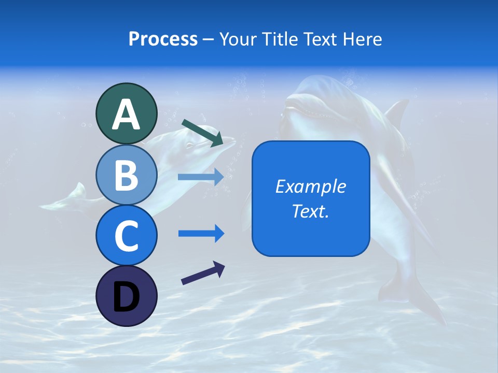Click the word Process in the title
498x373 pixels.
coord(163,39)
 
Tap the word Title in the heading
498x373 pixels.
coord(278,39)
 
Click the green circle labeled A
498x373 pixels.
coord(127,113)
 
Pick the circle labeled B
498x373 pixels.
coord(127,175)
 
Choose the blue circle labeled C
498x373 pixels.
coord(127,235)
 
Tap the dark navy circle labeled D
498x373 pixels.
coord(127,296)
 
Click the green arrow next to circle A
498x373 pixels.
coord(202,133)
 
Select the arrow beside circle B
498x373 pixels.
coord(201,177)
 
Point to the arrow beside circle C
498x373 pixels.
coord(201,234)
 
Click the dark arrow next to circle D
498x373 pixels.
coord(203,273)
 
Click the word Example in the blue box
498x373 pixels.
coord(310,187)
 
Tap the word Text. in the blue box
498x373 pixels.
coord(310,211)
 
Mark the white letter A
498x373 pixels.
coord(127,114)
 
